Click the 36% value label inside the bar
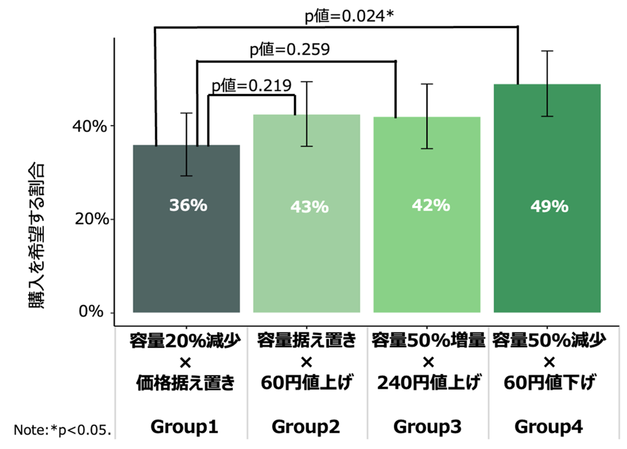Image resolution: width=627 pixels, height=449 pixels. click(x=188, y=206)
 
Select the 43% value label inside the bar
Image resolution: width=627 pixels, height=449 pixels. click(x=309, y=207)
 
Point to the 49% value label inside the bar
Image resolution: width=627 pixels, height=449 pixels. click(x=549, y=207)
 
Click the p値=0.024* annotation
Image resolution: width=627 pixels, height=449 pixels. click(x=349, y=17)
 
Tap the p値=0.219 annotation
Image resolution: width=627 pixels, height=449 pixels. click(x=251, y=85)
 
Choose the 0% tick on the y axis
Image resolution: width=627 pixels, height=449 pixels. click(x=94, y=313)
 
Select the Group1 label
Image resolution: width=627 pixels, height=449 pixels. click(x=184, y=427)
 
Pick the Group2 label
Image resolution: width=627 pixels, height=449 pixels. click(x=306, y=427)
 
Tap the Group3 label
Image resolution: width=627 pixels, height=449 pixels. click(x=427, y=427)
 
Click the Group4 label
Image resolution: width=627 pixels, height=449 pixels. click(x=549, y=427)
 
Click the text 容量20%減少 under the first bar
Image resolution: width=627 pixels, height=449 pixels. click(x=186, y=342)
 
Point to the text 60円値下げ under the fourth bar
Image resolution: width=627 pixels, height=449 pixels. click(x=549, y=383)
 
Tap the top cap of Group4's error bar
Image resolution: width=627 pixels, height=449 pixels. click(x=547, y=51)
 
